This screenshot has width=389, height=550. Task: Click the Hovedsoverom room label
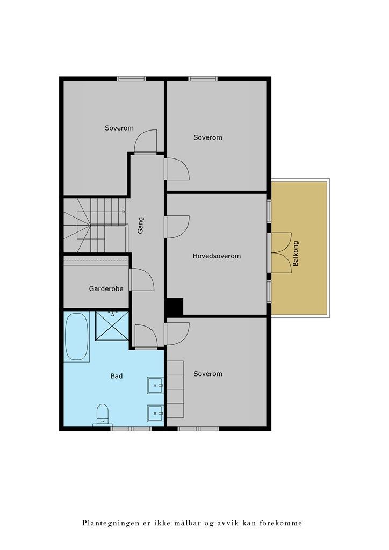pyautogui.click(x=217, y=256)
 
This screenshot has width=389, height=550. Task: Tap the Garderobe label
pyautogui.click(x=106, y=288)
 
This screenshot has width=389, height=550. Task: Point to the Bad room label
pyautogui.click(x=116, y=376)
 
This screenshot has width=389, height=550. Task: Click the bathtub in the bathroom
pyautogui.click(x=76, y=337)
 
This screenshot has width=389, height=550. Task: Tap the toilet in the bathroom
pyautogui.click(x=102, y=415)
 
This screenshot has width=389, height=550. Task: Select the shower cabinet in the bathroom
pyautogui.click(x=112, y=325)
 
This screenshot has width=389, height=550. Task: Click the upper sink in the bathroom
pyautogui.click(x=155, y=385)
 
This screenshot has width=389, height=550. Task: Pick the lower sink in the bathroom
pyautogui.click(x=155, y=413)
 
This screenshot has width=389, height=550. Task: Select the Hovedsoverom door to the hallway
pyautogui.click(x=177, y=226)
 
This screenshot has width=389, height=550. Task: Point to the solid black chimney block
pyautogui.click(x=174, y=307)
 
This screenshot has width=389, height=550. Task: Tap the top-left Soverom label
pyautogui.click(x=119, y=128)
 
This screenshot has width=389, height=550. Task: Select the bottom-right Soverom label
pyautogui.click(x=208, y=374)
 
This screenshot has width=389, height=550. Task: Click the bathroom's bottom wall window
pyautogui.click(x=131, y=429)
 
